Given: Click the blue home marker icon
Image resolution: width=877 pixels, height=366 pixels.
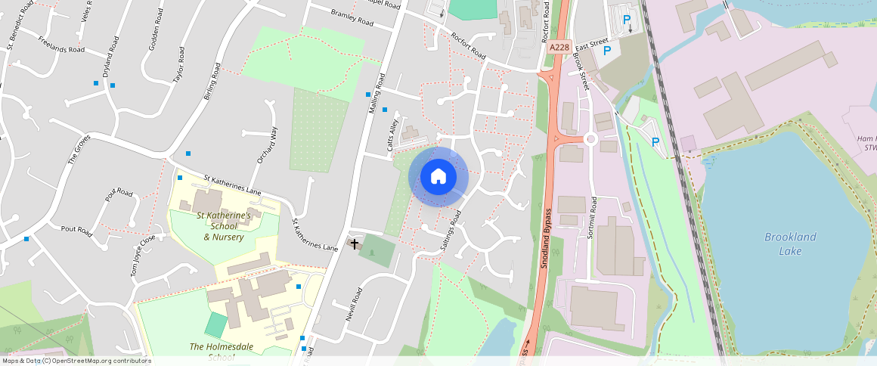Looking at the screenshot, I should pos(438,177).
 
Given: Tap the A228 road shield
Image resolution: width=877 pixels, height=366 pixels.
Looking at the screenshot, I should pos(559,47).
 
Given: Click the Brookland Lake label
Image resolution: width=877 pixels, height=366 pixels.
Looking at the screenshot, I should pos(790,243).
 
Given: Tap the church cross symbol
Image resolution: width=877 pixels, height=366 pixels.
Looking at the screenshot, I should pos(355,244).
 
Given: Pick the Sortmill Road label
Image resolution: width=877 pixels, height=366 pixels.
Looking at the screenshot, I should pos(593,218).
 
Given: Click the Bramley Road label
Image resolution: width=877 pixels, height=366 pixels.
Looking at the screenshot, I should pos(352,17).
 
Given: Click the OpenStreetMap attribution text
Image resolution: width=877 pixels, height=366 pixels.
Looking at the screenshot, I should pos(76,361).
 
